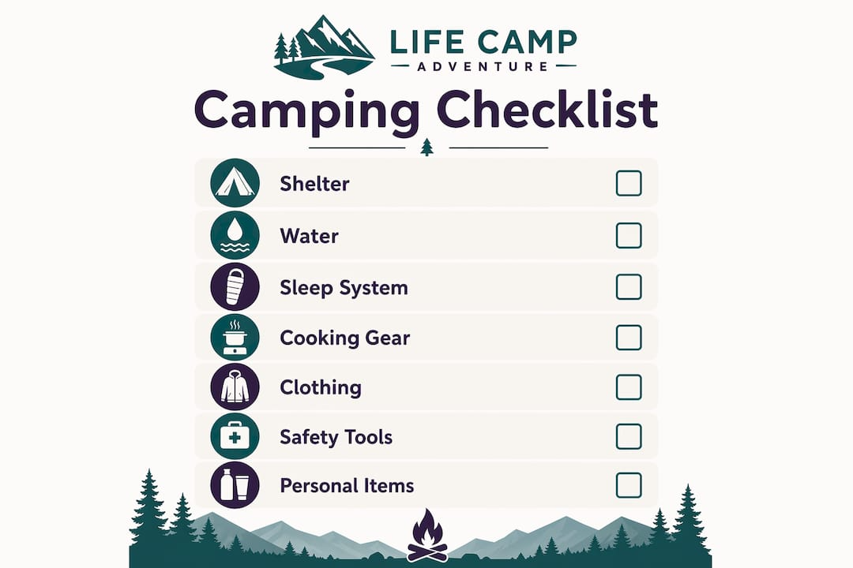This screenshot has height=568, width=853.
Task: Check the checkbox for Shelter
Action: (x=629, y=183)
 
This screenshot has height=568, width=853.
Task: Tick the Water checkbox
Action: (x=629, y=235)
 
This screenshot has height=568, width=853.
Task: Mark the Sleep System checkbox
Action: (x=629, y=286)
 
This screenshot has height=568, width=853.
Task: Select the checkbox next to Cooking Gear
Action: (x=629, y=338)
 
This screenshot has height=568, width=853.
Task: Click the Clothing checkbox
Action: (x=629, y=387)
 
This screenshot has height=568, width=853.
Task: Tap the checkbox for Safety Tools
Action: (x=629, y=436)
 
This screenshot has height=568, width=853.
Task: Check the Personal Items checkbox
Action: (x=629, y=485)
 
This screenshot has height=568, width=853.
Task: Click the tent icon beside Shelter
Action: (x=235, y=183)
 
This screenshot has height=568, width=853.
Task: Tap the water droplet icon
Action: (x=235, y=235)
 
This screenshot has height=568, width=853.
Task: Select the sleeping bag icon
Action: (x=235, y=286)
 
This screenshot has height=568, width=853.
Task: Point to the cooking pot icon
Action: (x=235, y=338)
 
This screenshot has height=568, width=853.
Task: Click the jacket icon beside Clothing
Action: (x=235, y=387)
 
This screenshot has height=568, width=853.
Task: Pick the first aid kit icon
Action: (x=235, y=436)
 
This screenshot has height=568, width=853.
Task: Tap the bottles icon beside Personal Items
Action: (x=235, y=485)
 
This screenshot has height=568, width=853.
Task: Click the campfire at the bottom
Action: (x=427, y=536)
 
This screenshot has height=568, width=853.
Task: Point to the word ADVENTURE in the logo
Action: (x=483, y=67)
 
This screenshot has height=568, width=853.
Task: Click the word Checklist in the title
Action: (x=547, y=110)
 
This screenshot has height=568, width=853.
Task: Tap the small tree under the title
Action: (x=427, y=147)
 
